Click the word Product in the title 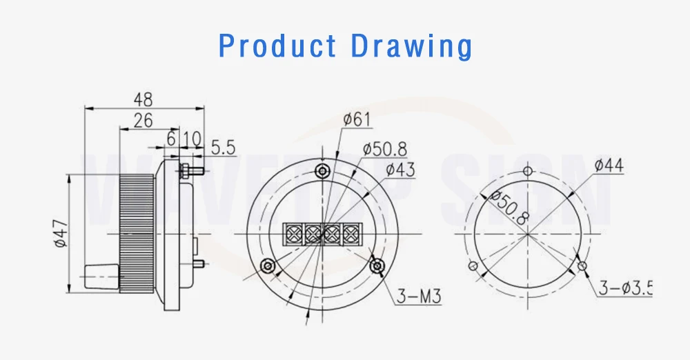(x=277, y=46)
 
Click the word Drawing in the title (x=411, y=47)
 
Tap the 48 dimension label (x=143, y=99)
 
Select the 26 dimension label (x=143, y=120)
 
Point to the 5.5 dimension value (x=224, y=148)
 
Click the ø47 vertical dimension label (x=62, y=233)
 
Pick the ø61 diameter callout (x=357, y=119)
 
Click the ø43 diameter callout (x=400, y=170)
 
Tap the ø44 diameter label (x=609, y=166)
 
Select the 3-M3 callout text (x=419, y=296)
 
